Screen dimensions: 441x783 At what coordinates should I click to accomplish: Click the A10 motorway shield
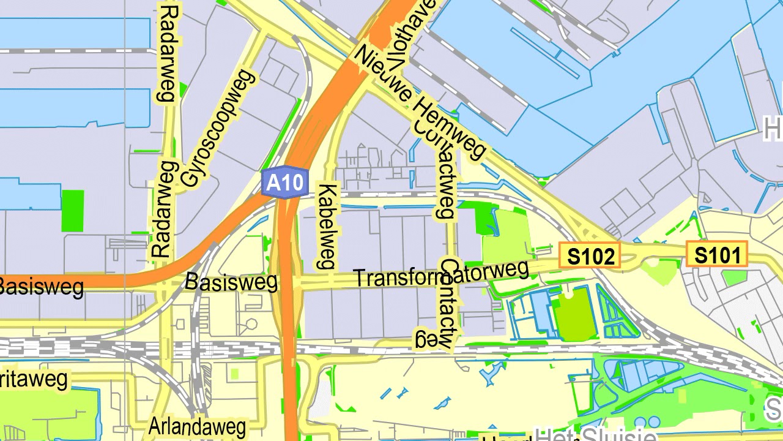click(x=284, y=183)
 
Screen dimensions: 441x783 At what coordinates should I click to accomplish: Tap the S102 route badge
click(x=590, y=255)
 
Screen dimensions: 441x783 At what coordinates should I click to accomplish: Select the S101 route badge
click(x=717, y=254)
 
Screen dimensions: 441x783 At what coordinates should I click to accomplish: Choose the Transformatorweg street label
click(x=441, y=274)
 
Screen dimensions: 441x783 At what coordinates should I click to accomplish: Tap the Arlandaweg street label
click(x=197, y=426)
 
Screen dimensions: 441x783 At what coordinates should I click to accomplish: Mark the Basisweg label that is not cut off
click(x=231, y=282)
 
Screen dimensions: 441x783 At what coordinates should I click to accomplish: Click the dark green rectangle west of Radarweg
click(x=73, y=211)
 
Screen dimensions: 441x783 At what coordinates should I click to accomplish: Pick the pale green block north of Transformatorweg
click(x=505, y=243)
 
